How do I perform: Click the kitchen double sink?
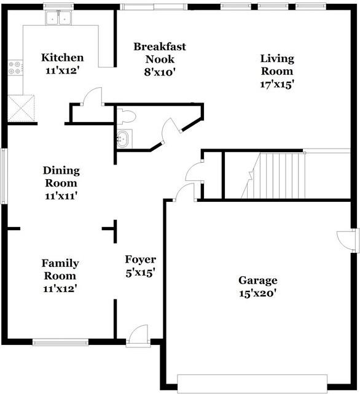(x=58, y=18)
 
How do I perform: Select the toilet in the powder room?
(x=127, y=117)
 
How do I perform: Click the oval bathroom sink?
(x=123, y=139)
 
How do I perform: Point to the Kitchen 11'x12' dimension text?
(x=63, y=71)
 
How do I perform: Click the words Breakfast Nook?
(x=160, y=53)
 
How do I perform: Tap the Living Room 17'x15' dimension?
(x=277, y=84)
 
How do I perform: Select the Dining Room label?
(x=61, y=177)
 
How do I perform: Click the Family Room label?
(x=60, y=269)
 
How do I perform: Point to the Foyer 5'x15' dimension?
(x=140, y=272)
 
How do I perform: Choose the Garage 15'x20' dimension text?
(x=258, y=293)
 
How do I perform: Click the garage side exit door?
(x=347, y=240)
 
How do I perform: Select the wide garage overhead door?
(x=252, y=384)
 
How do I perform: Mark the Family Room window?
(x=60, y=342)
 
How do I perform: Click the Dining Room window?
(x=4, y=176)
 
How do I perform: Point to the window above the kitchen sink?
(x=58, y=6)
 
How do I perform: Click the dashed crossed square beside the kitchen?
(x=21, y=108)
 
